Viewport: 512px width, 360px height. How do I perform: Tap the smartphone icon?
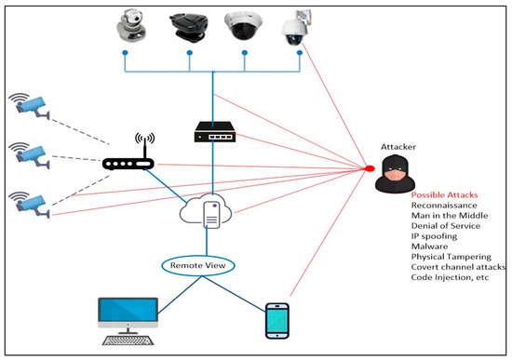277,321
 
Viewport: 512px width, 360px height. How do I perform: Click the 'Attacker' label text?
398,146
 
